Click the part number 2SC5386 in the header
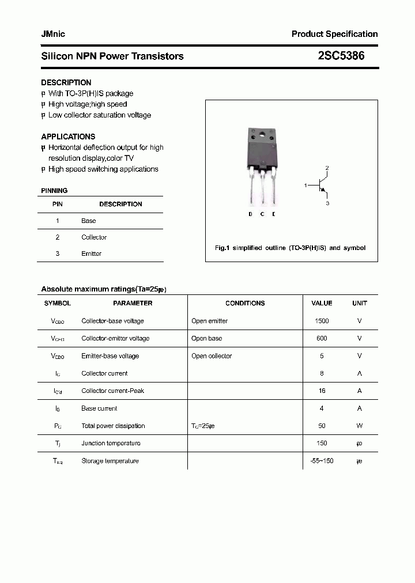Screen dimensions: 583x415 tap(341, 56)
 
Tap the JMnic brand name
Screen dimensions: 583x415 tap(53, 34)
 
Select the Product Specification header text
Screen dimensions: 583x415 tap(334, 34)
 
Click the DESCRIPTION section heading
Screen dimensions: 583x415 tap(66, 82)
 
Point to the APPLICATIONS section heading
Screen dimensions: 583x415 tap(68, 137)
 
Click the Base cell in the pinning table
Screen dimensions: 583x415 tap(89, 221)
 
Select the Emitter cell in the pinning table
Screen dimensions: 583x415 tap(91, 253)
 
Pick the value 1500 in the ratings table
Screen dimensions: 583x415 tap(322, 321)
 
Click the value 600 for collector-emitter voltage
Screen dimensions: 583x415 tap(322, 338)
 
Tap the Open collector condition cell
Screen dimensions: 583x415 tap(212, 356)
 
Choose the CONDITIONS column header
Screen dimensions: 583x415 tap(245, 303)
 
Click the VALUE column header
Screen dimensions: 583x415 tap(322, 303)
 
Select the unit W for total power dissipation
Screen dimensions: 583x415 tap(359, 426)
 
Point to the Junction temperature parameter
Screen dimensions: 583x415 tap(111, 443)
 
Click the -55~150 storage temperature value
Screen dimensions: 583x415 tap(322, 461)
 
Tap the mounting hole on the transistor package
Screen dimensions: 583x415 tap(263, 137)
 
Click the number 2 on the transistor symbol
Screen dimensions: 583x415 tap(327, 168)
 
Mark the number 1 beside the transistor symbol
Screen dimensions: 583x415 tap(305, 185)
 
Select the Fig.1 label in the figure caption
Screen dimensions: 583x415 tap(222, 248)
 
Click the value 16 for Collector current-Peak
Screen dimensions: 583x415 tap(322, 391)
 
